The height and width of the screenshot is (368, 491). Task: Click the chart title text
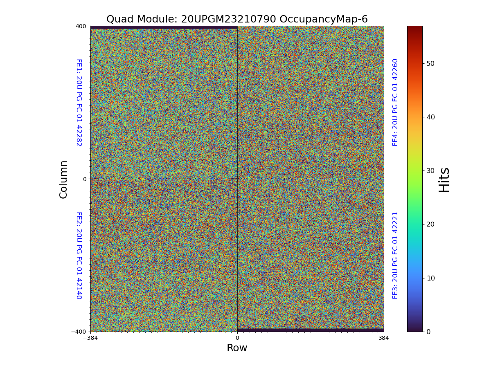click(x=237, y=19)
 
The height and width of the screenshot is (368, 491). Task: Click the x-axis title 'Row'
click(x=237, y=348)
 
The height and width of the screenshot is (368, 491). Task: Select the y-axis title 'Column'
click(x=63, y=179)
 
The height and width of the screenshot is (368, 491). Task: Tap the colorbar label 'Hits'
click(x=444, y=180)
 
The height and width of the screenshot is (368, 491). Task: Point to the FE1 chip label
click(x=79, y=102)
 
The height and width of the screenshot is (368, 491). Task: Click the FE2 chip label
click(x=79, y=255)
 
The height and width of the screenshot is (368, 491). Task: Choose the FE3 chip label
click(x=395, y=255)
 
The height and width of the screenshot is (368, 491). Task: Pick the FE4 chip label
click(x=395, y=102)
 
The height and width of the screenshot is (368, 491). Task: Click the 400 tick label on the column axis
click(x=81, y=26)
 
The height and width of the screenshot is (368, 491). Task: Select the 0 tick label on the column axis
click(x=85, y=179)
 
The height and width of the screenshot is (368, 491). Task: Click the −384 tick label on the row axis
click(x=90, y=338)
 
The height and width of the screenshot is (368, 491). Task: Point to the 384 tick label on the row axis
click(x=384, y=338)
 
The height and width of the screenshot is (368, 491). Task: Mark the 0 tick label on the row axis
click(x=237, y=338)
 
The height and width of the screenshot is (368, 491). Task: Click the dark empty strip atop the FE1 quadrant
click(x=164, y=27)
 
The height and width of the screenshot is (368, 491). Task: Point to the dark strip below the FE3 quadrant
click(x=311, y=330)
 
